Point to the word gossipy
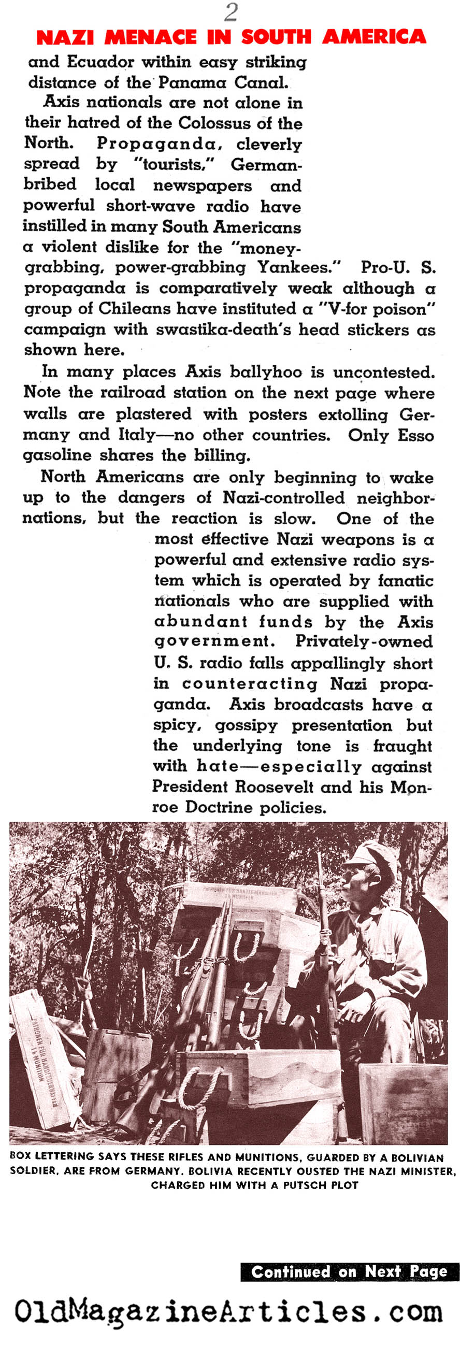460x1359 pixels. (x=246, y=725)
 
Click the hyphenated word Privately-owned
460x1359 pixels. (x=364, y=641)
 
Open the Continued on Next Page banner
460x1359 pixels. (x=349, y=1271)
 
